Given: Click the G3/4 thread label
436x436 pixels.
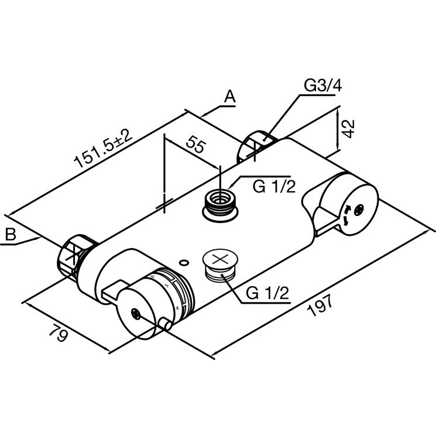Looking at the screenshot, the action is point(323,85).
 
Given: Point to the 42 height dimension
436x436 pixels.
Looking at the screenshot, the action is point(348,129).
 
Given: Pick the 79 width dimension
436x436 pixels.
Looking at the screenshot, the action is point(59,332).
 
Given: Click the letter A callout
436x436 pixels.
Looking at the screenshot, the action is point(230,97).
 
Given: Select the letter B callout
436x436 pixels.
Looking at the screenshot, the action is point(11,234).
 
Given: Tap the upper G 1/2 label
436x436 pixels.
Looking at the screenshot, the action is point(274,186).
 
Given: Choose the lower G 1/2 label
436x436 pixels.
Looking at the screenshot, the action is point(267,293).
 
